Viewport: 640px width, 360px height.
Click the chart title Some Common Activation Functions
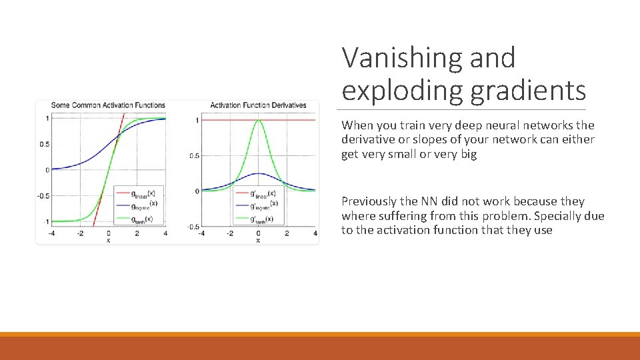tap(108, 105)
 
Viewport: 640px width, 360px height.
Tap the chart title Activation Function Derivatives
tap(258, 105)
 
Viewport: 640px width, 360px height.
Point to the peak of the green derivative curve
tap(259, 121)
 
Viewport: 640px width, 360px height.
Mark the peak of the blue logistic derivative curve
tap(259, 174)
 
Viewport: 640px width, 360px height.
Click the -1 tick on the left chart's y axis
tap(45, 221)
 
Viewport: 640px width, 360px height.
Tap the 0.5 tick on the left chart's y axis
tap(44, 144)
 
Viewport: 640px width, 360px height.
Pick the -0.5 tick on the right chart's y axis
tap(192, 227)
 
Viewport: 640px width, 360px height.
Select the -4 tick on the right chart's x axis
tap(201, 234)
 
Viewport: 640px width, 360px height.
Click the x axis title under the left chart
tap(109, 240)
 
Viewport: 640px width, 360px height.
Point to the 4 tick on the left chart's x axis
tap(165, 234)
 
